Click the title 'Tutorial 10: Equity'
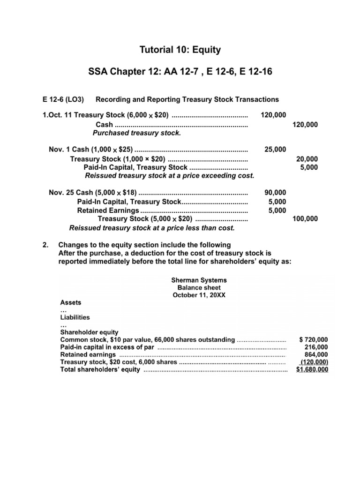[x=180, y=50]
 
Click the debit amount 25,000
[x=275, y=150]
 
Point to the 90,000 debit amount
[x=275, y=192]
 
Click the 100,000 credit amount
[x=305, y=218]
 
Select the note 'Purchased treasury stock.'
[x=136, y=133]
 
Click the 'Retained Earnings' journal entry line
[x=108, y=210]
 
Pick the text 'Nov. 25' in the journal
[x=61, y=192]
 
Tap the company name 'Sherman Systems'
[x=195, y=280]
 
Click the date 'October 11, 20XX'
[x=195, y=295]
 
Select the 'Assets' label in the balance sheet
[x=70, y=303]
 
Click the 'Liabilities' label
[x=75, y=317]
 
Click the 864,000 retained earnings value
[x=317, y=355]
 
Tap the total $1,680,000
[x=312, y=370]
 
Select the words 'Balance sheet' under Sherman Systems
[x=195, y=287]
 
